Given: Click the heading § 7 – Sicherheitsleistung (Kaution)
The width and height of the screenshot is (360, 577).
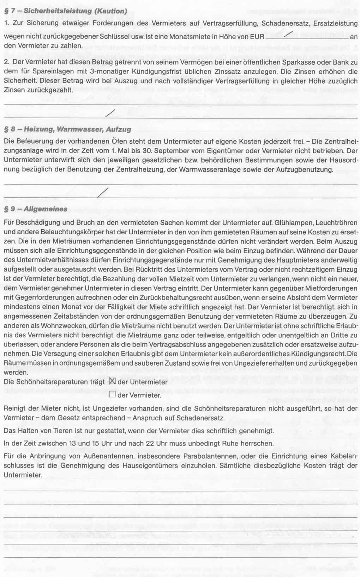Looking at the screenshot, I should [x=65, y=11].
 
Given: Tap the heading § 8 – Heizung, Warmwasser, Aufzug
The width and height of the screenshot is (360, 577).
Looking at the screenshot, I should [x=67, y=129].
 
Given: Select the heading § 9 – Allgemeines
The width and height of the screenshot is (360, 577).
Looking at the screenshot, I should [x=35, y=209].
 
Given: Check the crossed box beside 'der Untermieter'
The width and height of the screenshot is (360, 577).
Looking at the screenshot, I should [x=113, y=381].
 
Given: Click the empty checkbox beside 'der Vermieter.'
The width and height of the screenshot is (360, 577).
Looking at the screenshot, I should [x=113, y=395].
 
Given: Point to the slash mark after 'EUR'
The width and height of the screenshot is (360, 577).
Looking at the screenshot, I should [x=289, y=34].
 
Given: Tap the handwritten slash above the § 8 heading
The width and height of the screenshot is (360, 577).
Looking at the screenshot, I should [x=110, y=113].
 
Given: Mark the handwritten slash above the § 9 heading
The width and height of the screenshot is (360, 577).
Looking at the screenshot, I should [x=103, y=192].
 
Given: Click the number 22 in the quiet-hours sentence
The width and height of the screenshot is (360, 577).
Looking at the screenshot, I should [x=150, y=443].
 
